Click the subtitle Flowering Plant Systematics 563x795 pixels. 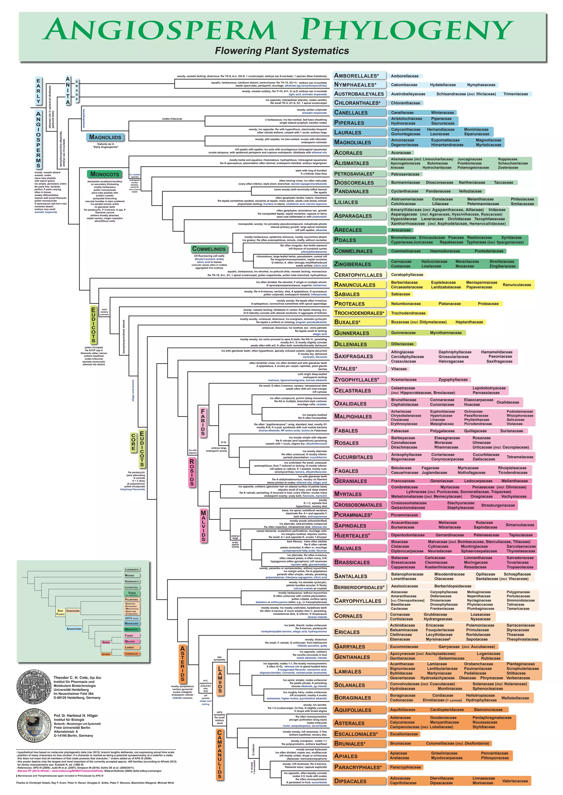[x=282, y=51]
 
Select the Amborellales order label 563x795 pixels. [x=356, y=76]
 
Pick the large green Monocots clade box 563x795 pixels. [x=104, y=174]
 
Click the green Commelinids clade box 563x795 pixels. [x=209, y=249]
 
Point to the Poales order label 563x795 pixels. [x=345, y=240]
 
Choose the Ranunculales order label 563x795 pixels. [x=355, y=284]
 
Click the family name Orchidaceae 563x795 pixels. [x=459, y=219]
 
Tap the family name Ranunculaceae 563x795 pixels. [x=517, y=284]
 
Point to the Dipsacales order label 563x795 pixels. [x=350, y=781]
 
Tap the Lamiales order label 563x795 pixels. [x=347, y=671]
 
